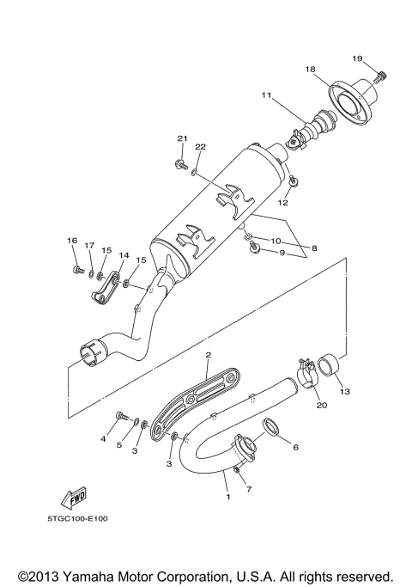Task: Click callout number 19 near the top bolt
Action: (x=358, y=58)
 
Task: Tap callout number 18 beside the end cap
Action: (x=310, y=69)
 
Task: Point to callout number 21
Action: (x=182, y=138)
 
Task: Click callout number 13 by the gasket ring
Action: (x=344, y=393)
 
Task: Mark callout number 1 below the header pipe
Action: (x=228, y=497)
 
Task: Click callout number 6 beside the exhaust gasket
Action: (x=295, y=447)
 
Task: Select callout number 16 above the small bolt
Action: (x=72, y=241)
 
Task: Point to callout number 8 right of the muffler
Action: (x=314, y=248)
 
